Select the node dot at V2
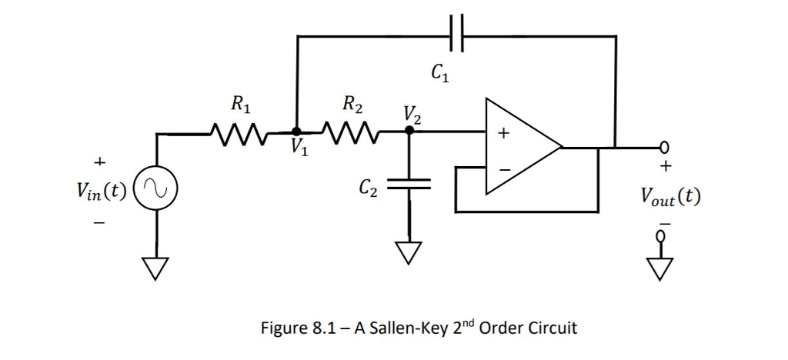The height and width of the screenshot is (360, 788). pos(409,132)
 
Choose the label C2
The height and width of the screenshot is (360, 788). pos(369,187)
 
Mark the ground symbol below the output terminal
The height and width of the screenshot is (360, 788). pos(660,267)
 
